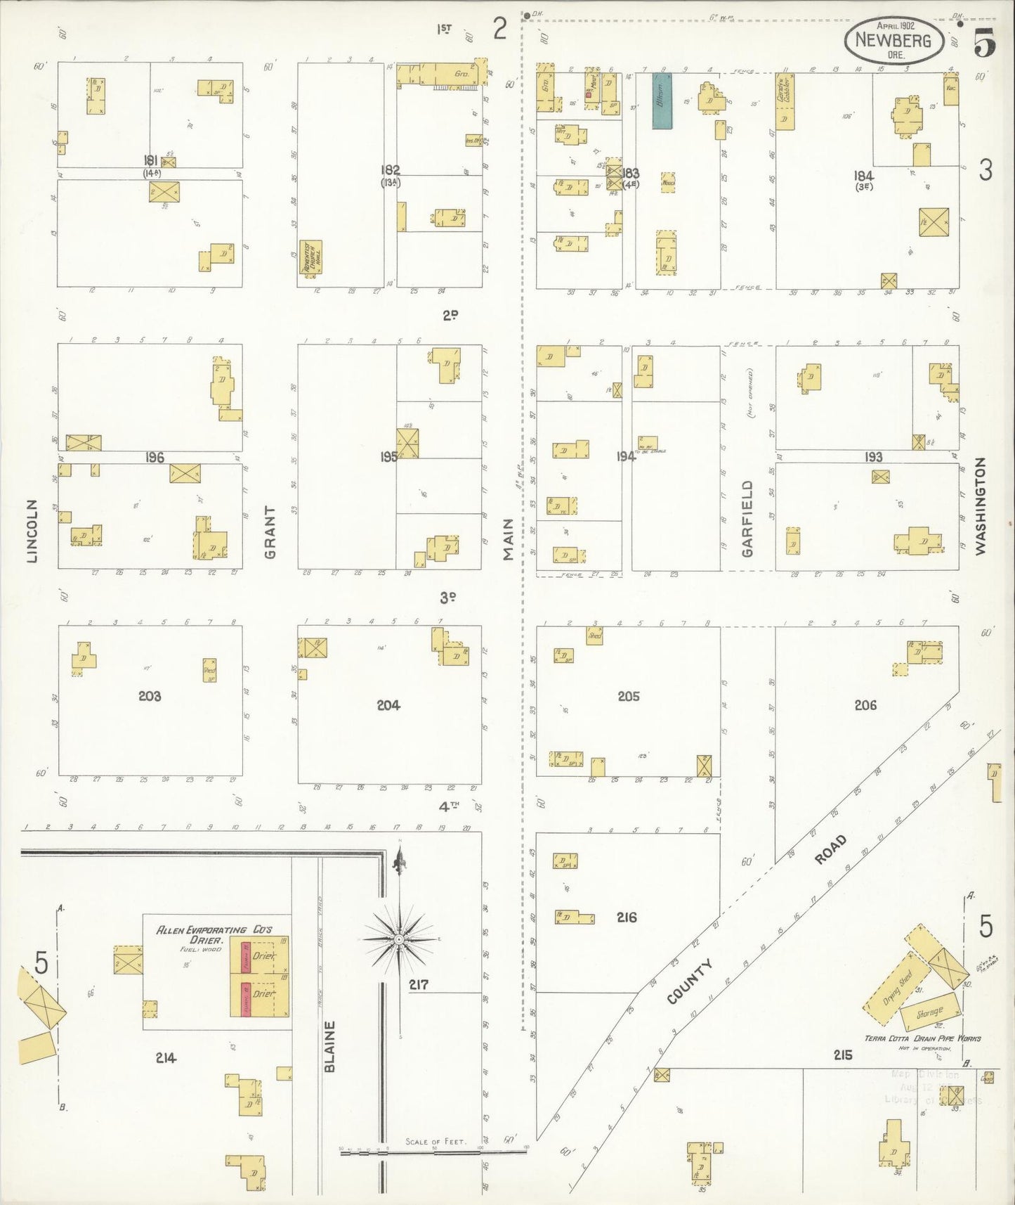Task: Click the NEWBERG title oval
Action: [893, 40]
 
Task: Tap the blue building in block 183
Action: [662, 101]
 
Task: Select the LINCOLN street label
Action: [32, 531]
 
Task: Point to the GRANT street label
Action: [270, 531]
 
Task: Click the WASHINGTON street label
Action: [981, 505]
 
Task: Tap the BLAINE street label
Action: [330, 1046]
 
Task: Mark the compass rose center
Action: [399, 939]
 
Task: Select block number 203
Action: [150, 696]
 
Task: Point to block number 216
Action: [627, 917]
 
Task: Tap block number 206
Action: [865, 705]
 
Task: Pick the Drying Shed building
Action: [897, 988]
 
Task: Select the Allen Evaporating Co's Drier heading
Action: [214, 934]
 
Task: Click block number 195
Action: [388, 456]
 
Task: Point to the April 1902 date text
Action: [896, 25]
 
